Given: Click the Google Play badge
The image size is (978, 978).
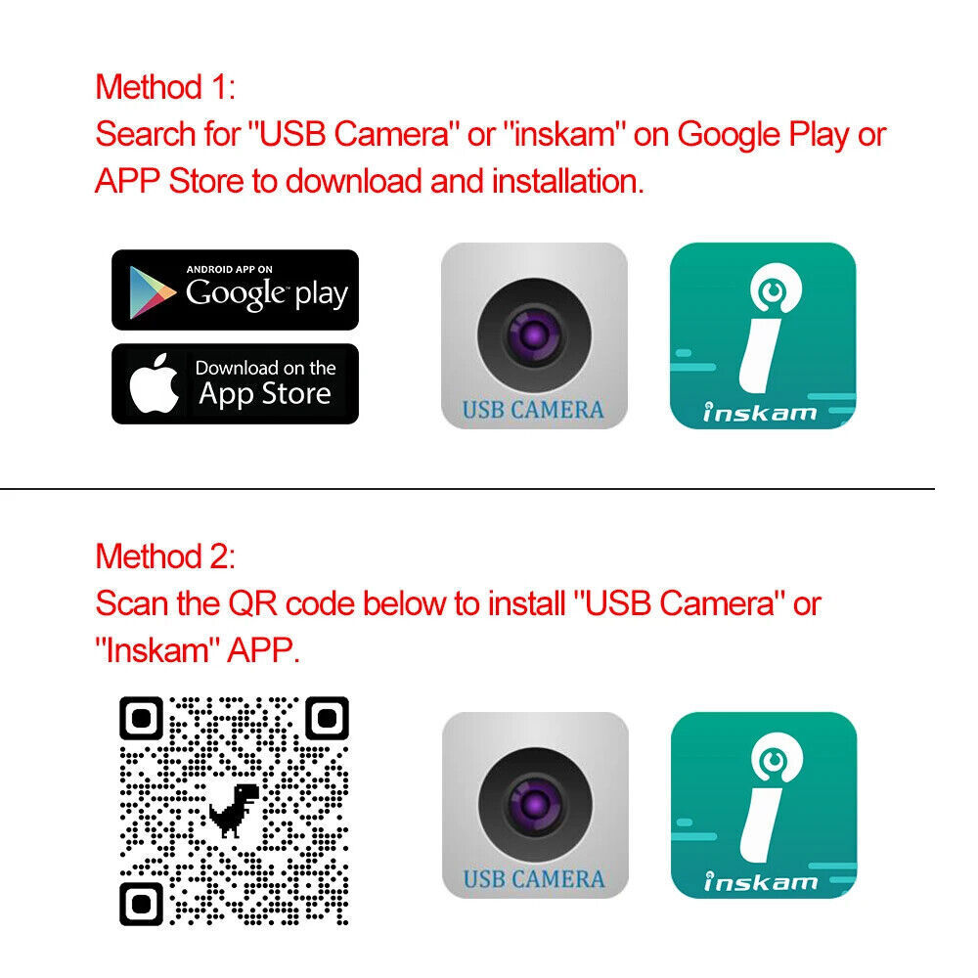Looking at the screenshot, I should coord(235,289).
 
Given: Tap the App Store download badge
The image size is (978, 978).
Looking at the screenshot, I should coord(235,383).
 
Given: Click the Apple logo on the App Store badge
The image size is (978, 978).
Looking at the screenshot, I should coord(155,384).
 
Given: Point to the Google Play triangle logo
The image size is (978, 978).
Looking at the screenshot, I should coord(153,290).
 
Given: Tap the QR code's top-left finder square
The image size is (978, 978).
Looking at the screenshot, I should coord(141,720).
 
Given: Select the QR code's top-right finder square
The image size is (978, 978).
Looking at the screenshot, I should coord(327,720).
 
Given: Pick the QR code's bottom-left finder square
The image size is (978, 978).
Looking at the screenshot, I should coord(141,904).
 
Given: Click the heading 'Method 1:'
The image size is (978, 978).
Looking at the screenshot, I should coord(165,87).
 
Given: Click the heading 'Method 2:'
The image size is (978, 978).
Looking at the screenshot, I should coord(165,556).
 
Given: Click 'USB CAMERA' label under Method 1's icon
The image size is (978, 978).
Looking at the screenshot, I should coord(533,409).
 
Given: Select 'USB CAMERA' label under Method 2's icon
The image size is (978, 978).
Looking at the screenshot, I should coord(533,878).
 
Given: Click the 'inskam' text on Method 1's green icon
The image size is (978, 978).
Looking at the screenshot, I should coord(761,412).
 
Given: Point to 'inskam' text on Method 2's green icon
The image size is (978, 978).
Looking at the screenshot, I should coord(761,881).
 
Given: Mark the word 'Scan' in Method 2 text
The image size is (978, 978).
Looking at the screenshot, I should coord(132,603).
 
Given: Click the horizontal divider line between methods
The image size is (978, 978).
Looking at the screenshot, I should coord(467,488).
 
